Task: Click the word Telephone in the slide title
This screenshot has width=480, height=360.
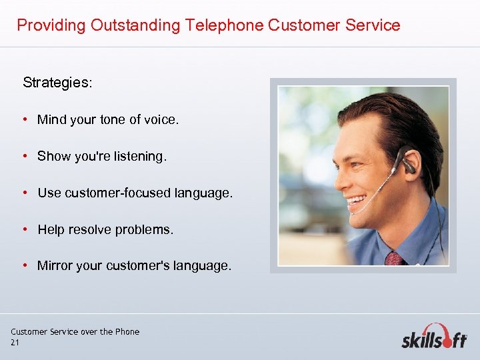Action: tap(223, 26)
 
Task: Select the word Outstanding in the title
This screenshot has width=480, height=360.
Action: tap(135, 26)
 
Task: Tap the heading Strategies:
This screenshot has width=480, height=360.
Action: tap(58, 83)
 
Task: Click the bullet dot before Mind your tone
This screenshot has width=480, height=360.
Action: tap(23, 120)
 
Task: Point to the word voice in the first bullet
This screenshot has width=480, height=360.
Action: tap(161, 120)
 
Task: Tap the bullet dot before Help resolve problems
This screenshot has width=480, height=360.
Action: tap(23, 229)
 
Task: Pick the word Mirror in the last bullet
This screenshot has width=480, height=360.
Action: tap(55, 265)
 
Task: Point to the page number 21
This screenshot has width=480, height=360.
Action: tap(15, 343)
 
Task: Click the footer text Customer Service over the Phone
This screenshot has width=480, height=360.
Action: tap(75, 331)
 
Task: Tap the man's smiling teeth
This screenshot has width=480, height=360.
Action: tap(355, 199)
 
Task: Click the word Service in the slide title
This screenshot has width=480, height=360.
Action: tap(375, 26)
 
